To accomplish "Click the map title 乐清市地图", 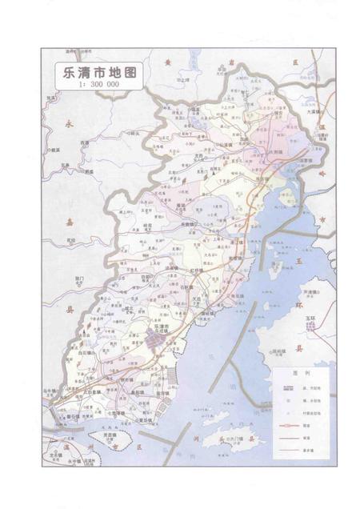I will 94,70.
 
